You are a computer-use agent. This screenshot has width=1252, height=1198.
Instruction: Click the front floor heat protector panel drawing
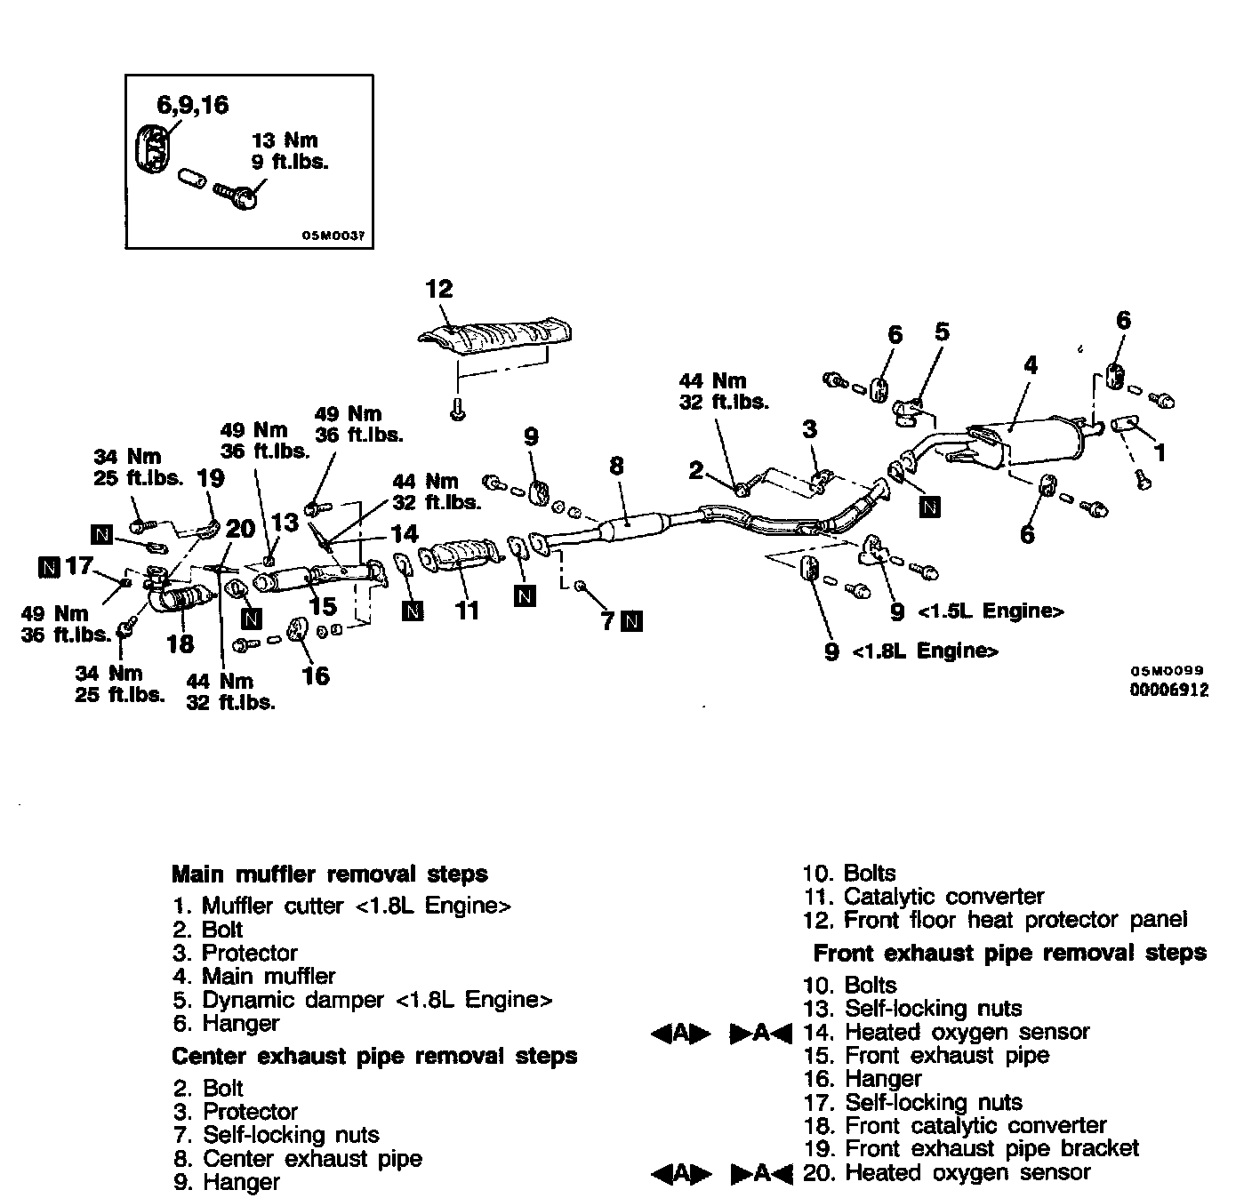pyautogui.click(x=498, y=337)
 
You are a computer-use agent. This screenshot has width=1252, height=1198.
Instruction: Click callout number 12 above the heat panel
pyautogui.click(x=439, y=289)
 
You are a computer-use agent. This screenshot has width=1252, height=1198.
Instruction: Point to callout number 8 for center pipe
pyautogui.click(x=616, y=465)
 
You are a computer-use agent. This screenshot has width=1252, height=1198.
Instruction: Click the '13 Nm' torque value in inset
pyautogui.click(x=285, y=140)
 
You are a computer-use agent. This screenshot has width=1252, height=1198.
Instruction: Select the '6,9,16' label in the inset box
pyautogui.click(x=193, y=106)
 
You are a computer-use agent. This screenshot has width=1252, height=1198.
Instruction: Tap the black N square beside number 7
pyautogui.click(x=631, y=620)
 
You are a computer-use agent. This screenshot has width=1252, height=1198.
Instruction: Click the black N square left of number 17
pyautogui.click(x=49, y=565)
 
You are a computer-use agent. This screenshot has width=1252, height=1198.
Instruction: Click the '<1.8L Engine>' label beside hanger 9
pyautogui.click(x=925, y=651)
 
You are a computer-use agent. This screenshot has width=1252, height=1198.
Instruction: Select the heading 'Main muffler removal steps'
pyautogui.click(x=329, y=874)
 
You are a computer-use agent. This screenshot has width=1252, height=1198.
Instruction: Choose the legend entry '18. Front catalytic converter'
pyautogui.click(x=955, y=1126)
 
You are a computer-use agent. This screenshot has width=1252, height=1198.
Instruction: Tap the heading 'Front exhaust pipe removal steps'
pyautogui.click(x=1009, y=954)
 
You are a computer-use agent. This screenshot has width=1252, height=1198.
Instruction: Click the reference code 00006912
pyautogui.click(x=1169, y=690)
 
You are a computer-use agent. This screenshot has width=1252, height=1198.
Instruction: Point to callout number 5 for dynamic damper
pyautogui.click(x=942, y=332)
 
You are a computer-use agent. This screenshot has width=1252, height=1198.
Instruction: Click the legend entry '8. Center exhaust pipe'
pyautogui.click(x=298, y=1159)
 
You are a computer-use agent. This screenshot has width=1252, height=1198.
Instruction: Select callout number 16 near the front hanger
pyautogui.click(x=316, y=676)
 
